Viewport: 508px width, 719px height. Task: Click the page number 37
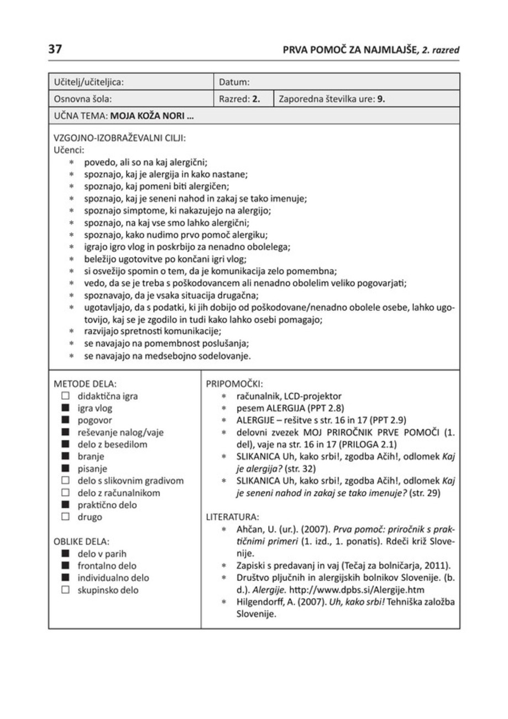[x=55, y=50]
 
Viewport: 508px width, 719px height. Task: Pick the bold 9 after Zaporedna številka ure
[x=381, y=100]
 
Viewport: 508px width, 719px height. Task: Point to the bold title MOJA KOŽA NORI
[x=151, y=117]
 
